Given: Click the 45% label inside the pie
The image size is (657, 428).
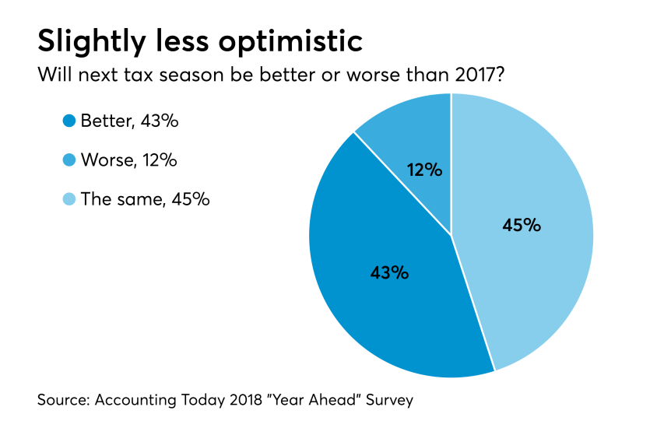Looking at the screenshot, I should click(x=522, y=226).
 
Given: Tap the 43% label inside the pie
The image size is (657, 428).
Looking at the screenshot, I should click(x=389, y=272).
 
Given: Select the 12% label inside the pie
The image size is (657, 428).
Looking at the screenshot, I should click(x=424, y=169).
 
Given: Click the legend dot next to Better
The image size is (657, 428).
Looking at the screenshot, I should click(x=69, y=121).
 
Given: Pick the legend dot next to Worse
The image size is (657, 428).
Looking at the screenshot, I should click(x=69, y=160).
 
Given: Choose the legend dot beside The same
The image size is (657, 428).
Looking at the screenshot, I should click(x=69, y=199).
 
